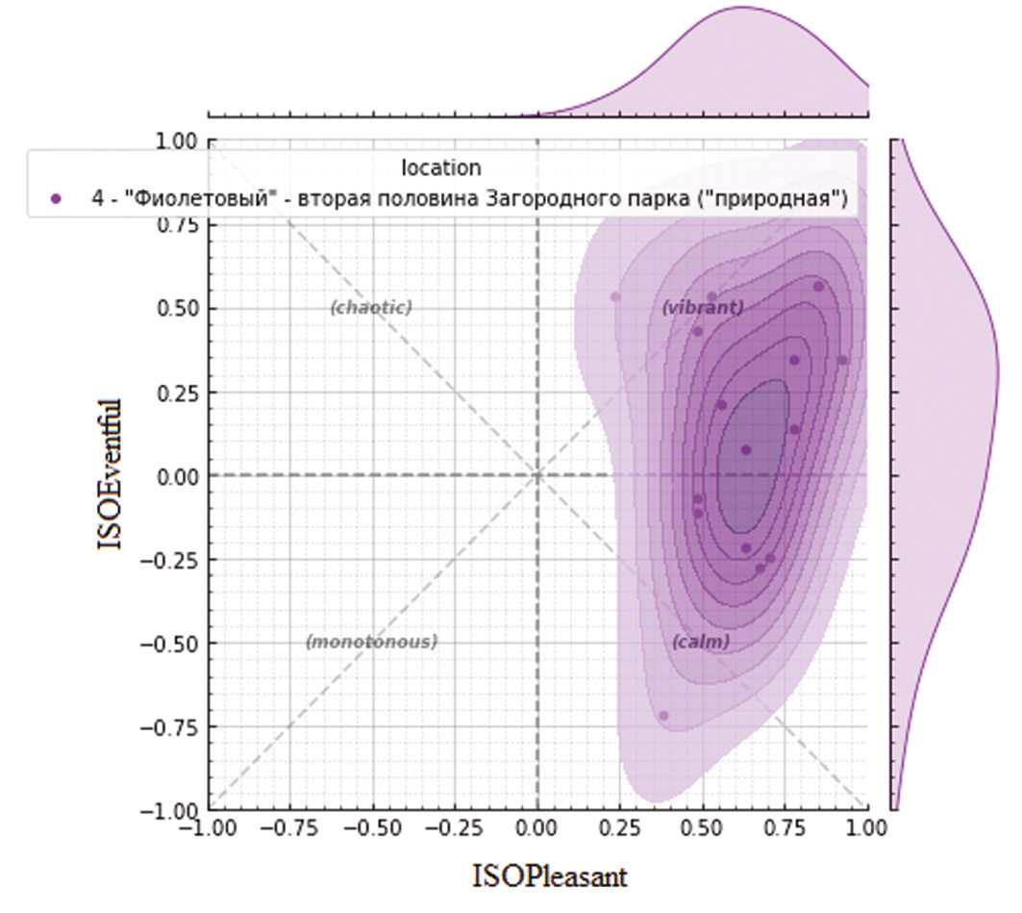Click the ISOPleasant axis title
coord(550,876)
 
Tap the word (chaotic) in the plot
coord(371,308)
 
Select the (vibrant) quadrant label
coord(703,308)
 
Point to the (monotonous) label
coord(371,642)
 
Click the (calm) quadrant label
coord(701,642)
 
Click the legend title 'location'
coord(440,167)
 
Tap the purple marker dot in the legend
coord(56,199)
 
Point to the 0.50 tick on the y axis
coord(176,309)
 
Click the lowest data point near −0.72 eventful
coord(663,716)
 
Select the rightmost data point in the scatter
coord(842,360)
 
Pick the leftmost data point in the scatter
coord(616,296)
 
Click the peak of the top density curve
coord(742,8)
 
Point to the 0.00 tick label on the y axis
coord(176,476)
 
